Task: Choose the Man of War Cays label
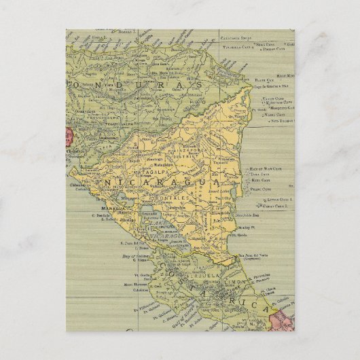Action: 265,168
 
